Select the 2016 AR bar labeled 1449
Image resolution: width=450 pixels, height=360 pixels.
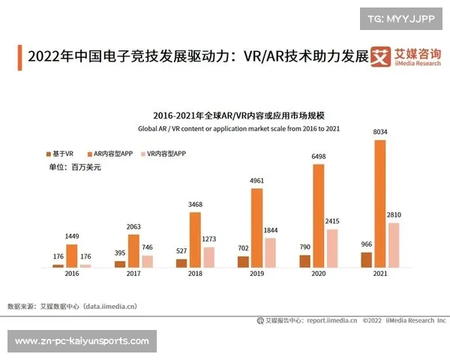(72, 256)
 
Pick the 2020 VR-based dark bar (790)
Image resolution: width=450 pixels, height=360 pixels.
(304, 261)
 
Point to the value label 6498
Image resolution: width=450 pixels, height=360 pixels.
(318, 157)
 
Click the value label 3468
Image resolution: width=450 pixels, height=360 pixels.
(195, 204)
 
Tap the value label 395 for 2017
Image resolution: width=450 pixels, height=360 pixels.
(120, 253)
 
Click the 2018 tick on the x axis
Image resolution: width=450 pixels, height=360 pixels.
(195, 275)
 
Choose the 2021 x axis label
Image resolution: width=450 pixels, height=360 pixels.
(379, 275)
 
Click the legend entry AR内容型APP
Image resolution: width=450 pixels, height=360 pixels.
(113, 153)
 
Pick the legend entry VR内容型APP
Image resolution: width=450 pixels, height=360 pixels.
(165, 153)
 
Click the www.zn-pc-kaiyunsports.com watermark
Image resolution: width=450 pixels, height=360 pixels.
(82, 342)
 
